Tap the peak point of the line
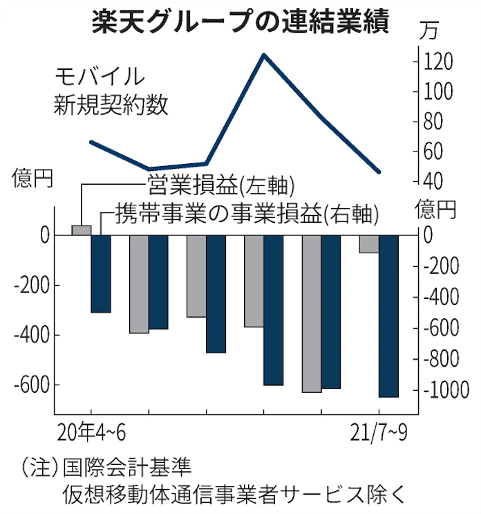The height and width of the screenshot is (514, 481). coord(263,54)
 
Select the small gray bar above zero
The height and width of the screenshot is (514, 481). coord(82,230)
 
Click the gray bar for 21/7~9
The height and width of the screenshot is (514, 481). coord(368,244)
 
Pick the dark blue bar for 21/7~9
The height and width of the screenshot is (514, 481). coord(388,315)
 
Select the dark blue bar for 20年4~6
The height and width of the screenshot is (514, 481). coord(101,273)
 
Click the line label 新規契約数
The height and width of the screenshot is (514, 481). coord(111,106)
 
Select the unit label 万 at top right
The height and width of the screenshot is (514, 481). coord(428,31)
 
